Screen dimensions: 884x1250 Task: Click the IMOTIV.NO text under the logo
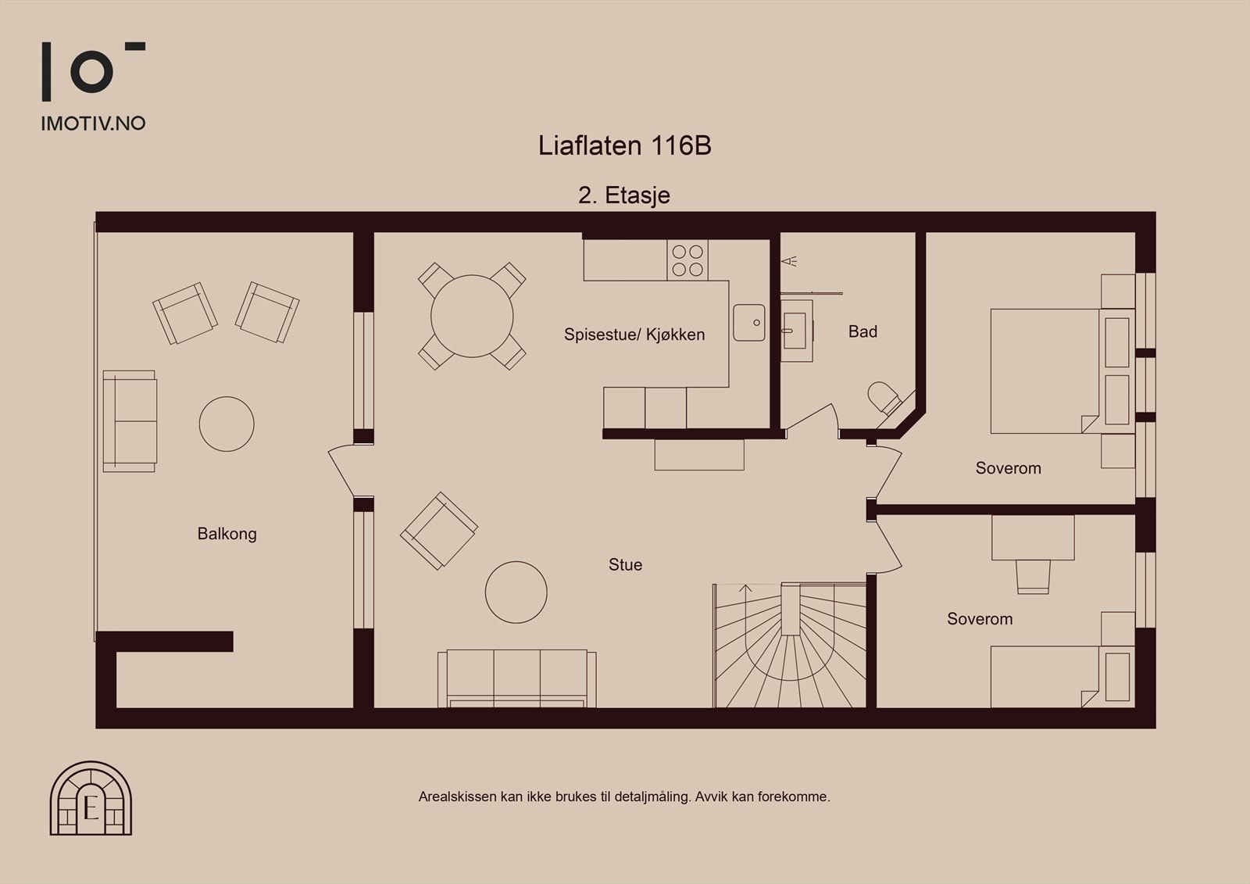click(x=93, y=123)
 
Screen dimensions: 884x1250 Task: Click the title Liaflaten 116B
click(x=624, y=146)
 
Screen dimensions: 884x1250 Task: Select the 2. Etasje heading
click(x=623, y=195)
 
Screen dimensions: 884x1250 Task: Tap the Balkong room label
click(x=227, y=534)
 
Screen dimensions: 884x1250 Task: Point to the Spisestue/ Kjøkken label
click(x=634, y=335)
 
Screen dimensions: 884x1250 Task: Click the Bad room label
click(x=862, y=331)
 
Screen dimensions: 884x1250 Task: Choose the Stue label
click(x=625, y=564)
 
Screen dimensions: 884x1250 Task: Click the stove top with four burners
click(x=687, y=260)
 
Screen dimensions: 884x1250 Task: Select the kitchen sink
click(x=748, y=322)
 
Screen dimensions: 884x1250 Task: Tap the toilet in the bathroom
click(x=886, y=398)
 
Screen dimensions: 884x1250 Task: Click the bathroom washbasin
click(x=796, y=331)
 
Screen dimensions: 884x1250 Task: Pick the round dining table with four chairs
click(x=472, y=316)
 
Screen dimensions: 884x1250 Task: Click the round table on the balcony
click(x=227, y=424)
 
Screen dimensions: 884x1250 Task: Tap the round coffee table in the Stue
click(x=516, y=592)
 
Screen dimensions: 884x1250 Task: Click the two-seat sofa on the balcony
click(x=130, y=421)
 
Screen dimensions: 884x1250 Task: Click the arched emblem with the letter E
click(x=91, y=798)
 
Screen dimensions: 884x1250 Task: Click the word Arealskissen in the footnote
click(x=457, y=797)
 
